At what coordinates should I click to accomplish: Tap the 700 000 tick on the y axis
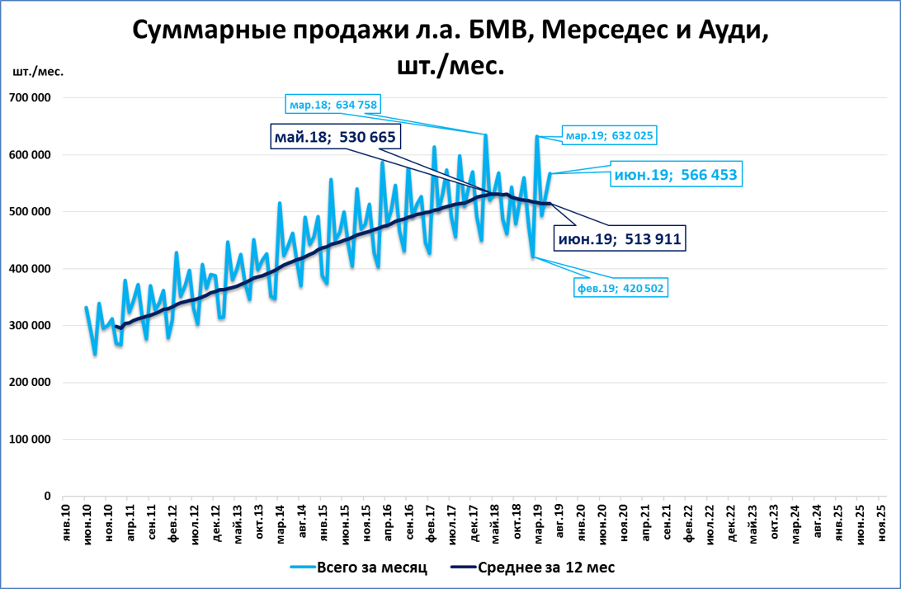pos(31,98)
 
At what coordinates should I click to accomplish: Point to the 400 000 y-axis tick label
pos(31,269)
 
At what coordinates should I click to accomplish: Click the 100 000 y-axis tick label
pos(31,440)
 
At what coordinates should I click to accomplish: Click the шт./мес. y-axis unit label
pos(38,72)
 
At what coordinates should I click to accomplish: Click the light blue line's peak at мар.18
pos(485,134)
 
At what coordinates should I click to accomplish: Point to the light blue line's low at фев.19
pos(533,257)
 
